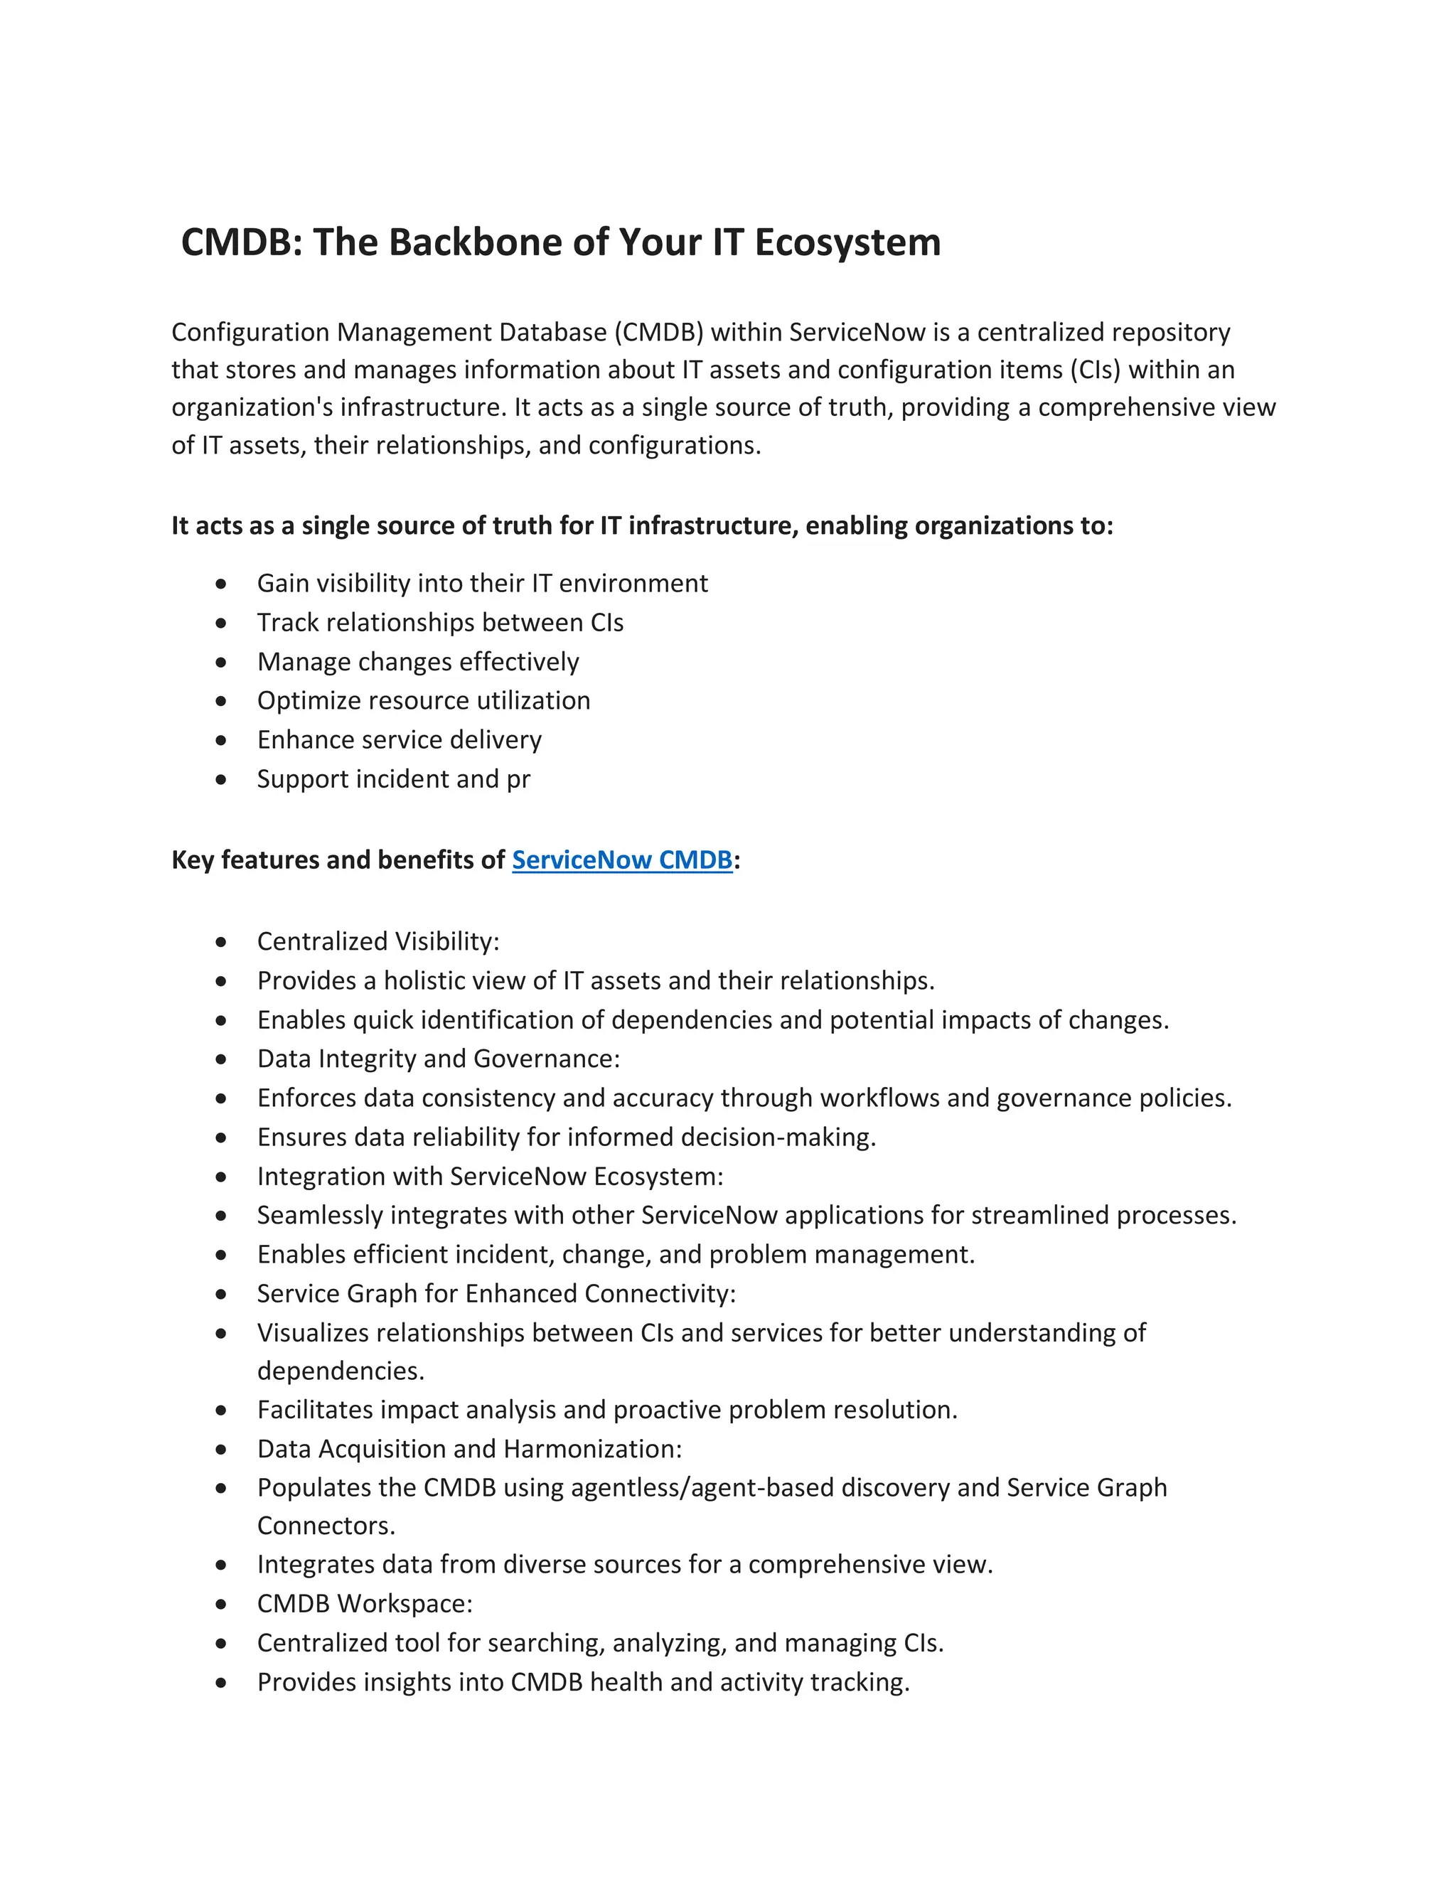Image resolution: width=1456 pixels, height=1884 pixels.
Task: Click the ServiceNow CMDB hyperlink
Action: pyautogui.click(x=622, y=860)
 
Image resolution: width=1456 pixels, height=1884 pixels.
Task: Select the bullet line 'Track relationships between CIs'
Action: pyautogui.click(x=440, y=622)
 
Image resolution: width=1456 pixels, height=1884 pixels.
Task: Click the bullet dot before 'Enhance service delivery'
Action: pyautogui.click(x=222, y=740)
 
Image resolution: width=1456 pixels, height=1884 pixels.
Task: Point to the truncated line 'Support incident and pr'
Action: pyautogui.click(x=393, y=779)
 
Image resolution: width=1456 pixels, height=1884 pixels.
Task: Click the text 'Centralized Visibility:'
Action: pyautogui.click(x=378, y=941)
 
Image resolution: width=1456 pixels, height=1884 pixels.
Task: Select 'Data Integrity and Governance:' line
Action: pyautogui.click(x=438, y=1059)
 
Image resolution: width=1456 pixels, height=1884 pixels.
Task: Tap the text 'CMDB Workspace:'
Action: pyautogui.click(x=365, y=1604)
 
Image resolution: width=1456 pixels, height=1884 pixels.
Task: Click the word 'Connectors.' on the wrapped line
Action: pyautogui.click(x=326, y=1526)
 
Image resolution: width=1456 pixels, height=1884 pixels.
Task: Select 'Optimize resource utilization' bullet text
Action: pyautogui.click(x=424, y=700)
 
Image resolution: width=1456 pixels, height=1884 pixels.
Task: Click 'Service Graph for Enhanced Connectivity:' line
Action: pyautogui.click(x=496, y=1294)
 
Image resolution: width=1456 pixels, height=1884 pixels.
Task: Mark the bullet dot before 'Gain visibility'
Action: pyautogui.click(x=222, y=584)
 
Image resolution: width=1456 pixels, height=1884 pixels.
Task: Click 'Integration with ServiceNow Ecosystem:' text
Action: pyautogui.click(x=490, y=1177)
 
